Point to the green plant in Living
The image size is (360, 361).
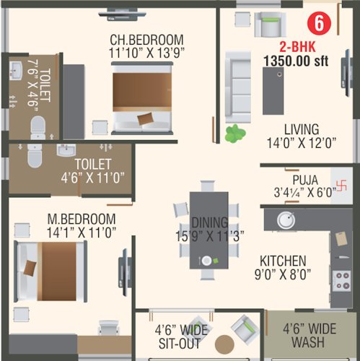(x=234, y=133)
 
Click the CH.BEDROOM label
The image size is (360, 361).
(x=146, y=38)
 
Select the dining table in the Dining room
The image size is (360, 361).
(x=208, y=230)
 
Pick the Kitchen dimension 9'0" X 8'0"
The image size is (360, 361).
(x=284, y=274)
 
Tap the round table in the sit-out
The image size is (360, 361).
(x=225, y=345)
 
